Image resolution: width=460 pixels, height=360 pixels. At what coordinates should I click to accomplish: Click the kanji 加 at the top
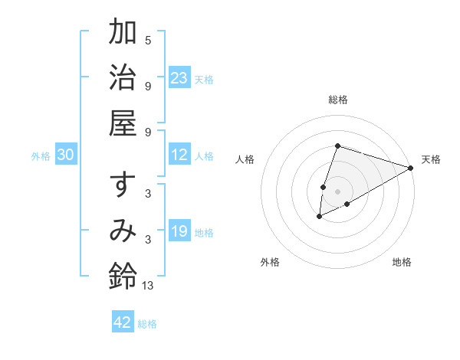[123, 34]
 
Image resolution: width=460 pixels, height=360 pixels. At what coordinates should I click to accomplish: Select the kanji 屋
[123, 123]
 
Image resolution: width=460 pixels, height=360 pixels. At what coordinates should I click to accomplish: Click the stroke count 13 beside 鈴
[148, 285]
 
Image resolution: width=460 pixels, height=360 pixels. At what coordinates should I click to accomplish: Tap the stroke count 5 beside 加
[148, 41]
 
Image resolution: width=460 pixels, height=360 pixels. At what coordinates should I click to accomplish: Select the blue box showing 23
[179, 77]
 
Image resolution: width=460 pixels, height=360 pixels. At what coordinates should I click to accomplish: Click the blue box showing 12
[179, 155]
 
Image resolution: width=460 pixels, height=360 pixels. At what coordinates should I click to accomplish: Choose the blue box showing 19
[179, 231]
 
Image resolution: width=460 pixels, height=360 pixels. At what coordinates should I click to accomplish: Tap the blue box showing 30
[66, 155]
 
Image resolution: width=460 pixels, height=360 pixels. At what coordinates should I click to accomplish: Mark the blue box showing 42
[123, 322]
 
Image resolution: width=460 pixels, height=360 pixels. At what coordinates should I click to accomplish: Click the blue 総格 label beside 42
[148, 324]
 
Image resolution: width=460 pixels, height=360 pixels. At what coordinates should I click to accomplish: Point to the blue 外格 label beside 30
[41, 155]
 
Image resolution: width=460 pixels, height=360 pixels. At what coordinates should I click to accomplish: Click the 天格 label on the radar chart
[431, 159]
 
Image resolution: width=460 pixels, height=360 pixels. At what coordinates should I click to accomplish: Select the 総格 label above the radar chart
[337, 100]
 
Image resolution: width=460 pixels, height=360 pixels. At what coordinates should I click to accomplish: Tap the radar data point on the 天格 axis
[411, 168]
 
